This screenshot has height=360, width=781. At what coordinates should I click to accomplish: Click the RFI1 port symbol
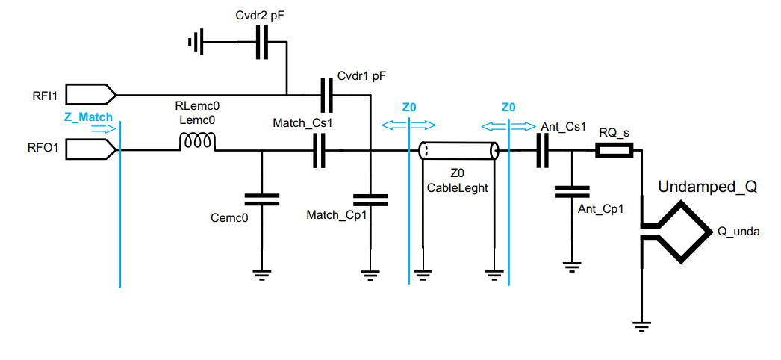[90, 95]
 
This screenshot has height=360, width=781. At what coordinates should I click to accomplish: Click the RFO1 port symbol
[90, 150]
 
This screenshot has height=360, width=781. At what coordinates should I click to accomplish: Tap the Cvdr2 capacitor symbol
[261, 42]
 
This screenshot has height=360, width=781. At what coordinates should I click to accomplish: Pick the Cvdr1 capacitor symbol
[326, 95]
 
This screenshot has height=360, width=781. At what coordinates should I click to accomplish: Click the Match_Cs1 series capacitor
[319, 151]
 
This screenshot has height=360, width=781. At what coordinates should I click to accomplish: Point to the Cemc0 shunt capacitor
[261, 199]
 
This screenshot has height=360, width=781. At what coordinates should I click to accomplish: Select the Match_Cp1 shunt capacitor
[370, 199]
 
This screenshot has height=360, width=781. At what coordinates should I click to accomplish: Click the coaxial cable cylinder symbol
[458, 151]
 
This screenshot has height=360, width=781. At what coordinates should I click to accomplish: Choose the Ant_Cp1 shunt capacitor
[572, 192]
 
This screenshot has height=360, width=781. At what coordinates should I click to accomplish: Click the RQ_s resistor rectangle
[614, 151]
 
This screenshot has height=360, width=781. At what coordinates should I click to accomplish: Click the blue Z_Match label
[89, 117]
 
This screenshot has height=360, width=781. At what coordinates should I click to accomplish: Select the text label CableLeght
[457, 188]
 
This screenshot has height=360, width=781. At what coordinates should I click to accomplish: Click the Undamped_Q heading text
[707, 187]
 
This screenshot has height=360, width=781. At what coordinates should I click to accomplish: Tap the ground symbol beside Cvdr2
[196, 43]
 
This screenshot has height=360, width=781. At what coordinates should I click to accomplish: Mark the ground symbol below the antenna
[641, 326]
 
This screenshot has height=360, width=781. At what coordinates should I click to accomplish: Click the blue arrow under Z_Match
[105, 128]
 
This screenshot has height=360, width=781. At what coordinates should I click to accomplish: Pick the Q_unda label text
[738, 232]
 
